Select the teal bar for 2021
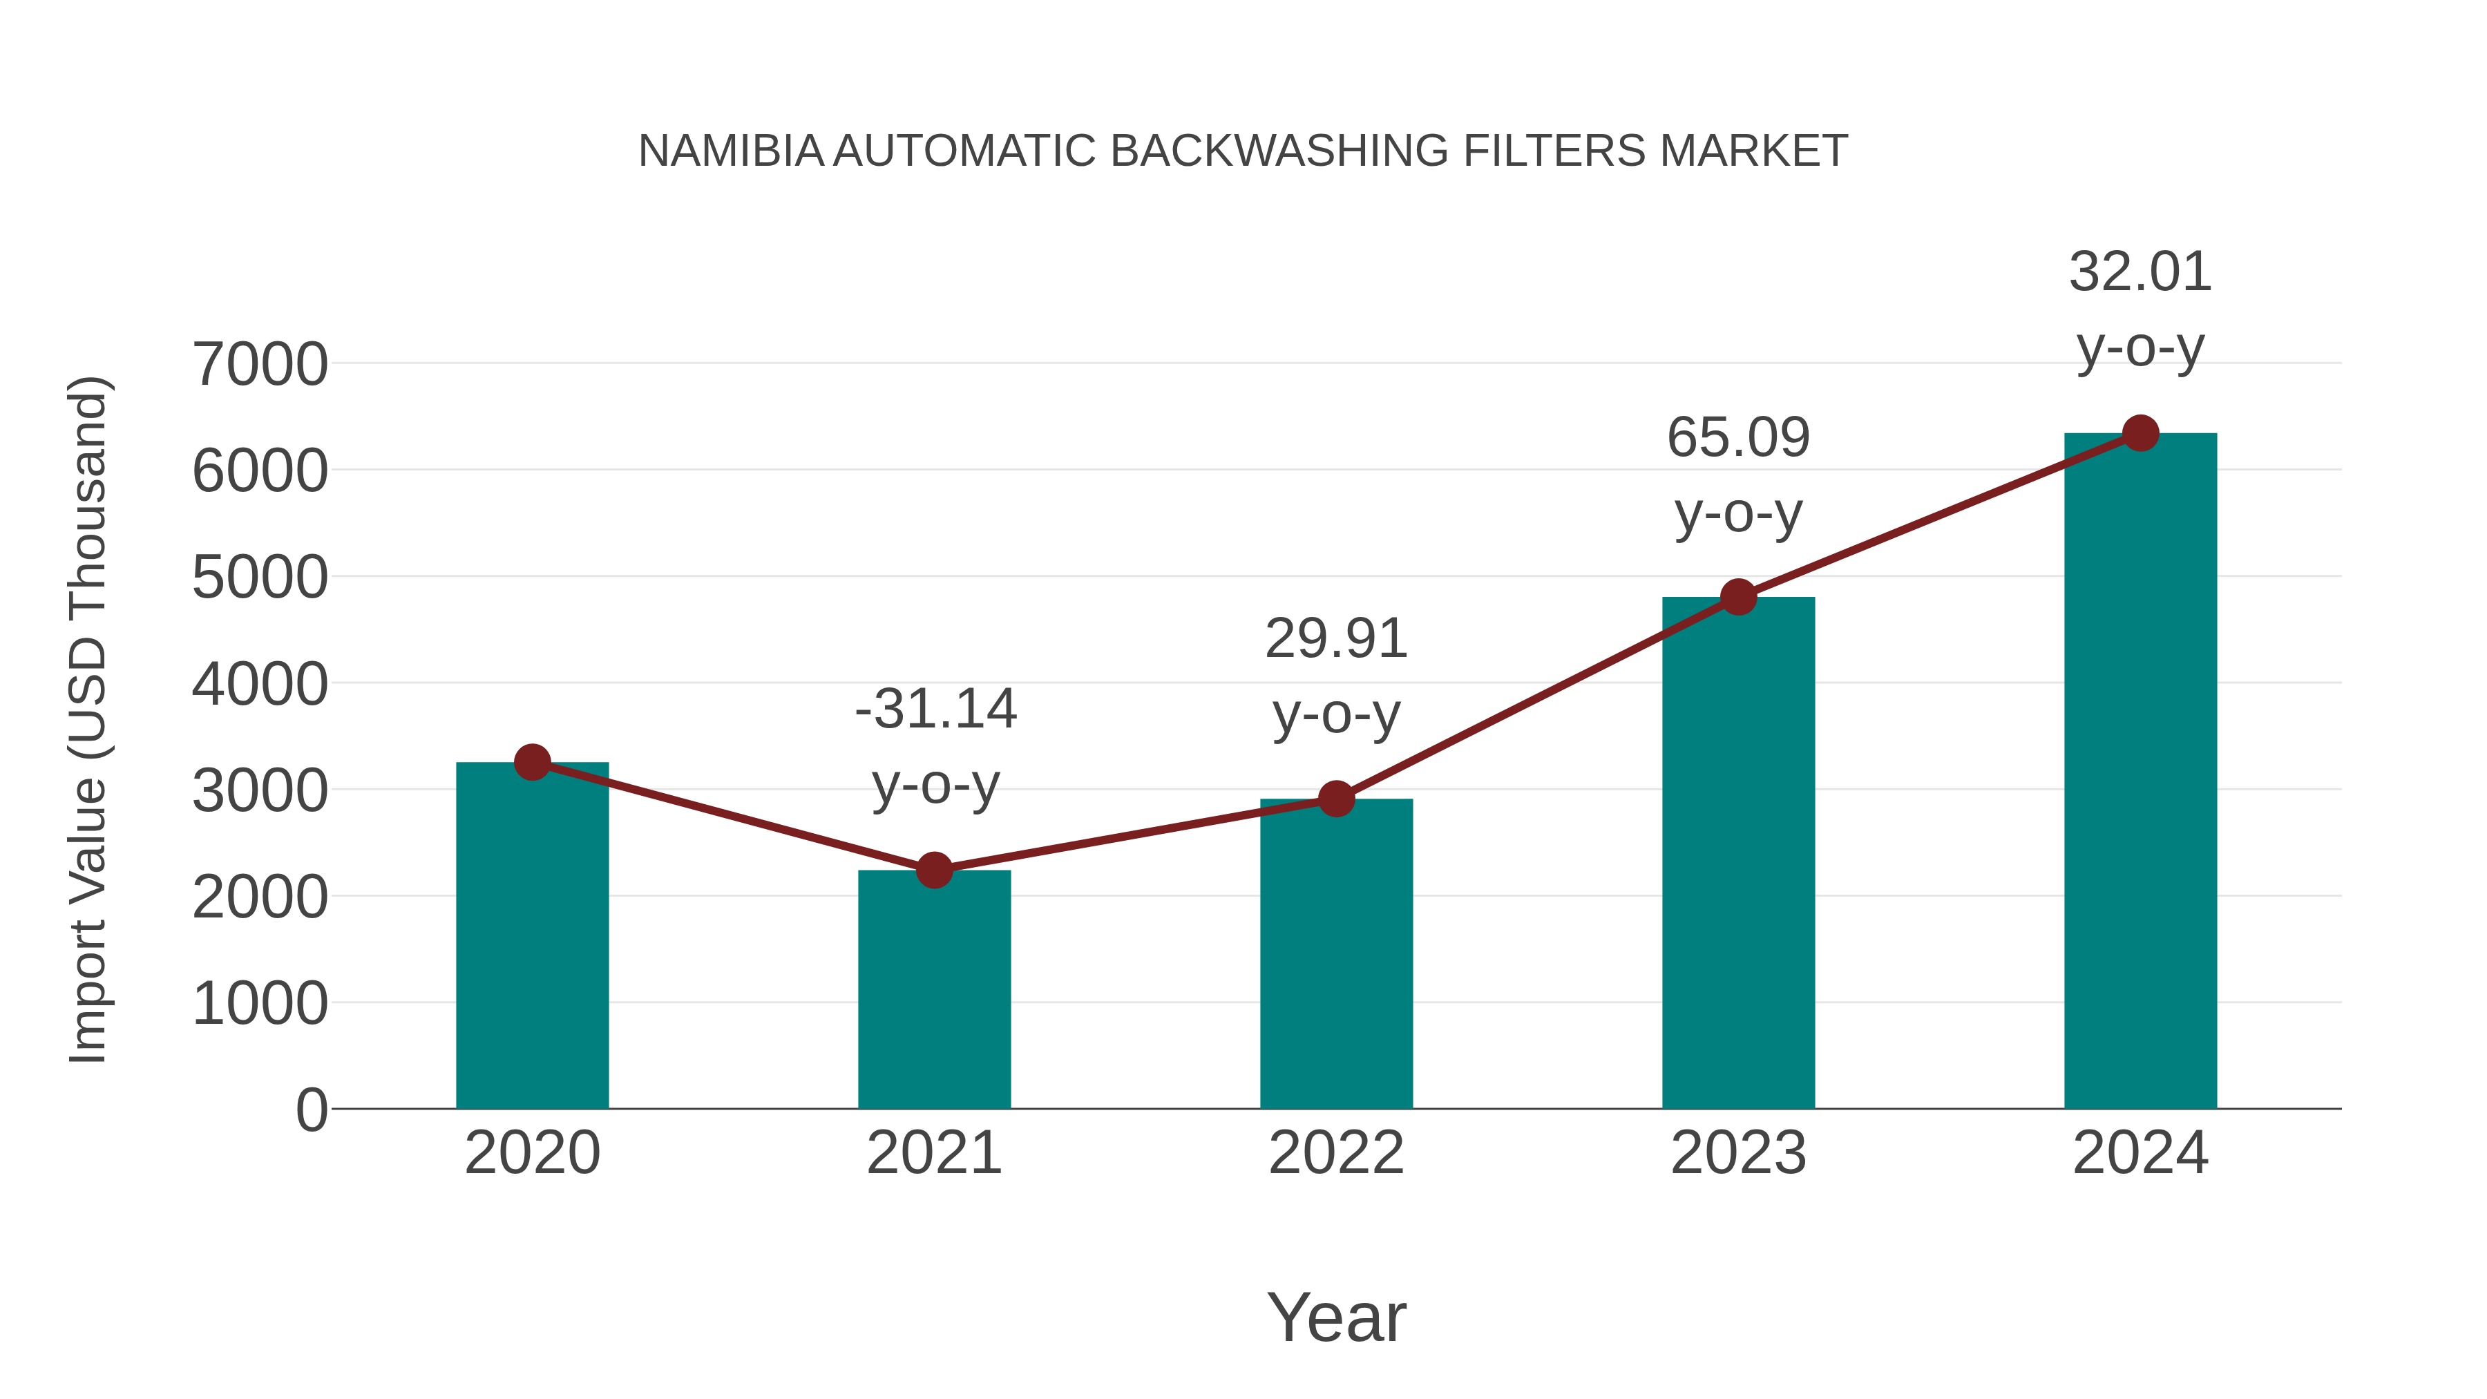point(933,989)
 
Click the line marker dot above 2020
point(532,762)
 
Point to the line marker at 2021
point(933,870)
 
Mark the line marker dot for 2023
point(1738,597)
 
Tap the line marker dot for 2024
point(2140,433)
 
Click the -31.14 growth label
point(935,710)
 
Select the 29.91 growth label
point(1336,639)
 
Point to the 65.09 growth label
point(1738,438)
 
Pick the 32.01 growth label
point(2140,272)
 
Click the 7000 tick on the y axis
point(260,365)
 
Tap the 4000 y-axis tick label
point(260,685)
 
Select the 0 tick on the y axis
point(311,1110)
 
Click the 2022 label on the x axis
point(1336,1153)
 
